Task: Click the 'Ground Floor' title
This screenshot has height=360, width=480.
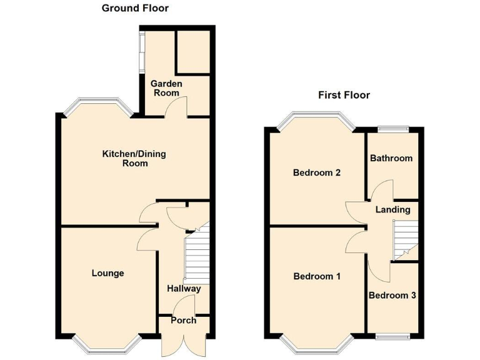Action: click(136, 8)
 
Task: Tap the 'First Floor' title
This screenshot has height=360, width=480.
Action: click(344, 96)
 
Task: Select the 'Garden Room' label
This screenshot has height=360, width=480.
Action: click(166, 88)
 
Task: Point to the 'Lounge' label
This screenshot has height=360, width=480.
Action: click(107, 273)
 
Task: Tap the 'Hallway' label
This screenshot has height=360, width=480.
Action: click(184, 289)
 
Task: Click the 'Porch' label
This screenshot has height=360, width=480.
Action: click(184, 321)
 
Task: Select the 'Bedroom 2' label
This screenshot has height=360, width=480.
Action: click(316, 173)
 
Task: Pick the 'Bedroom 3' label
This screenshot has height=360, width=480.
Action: click(392, 296)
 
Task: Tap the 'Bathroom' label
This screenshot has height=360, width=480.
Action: click(391, 158)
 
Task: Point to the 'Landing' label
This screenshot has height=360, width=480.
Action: click(392, 209)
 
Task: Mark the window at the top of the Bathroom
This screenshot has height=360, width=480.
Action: click(392, 129)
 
